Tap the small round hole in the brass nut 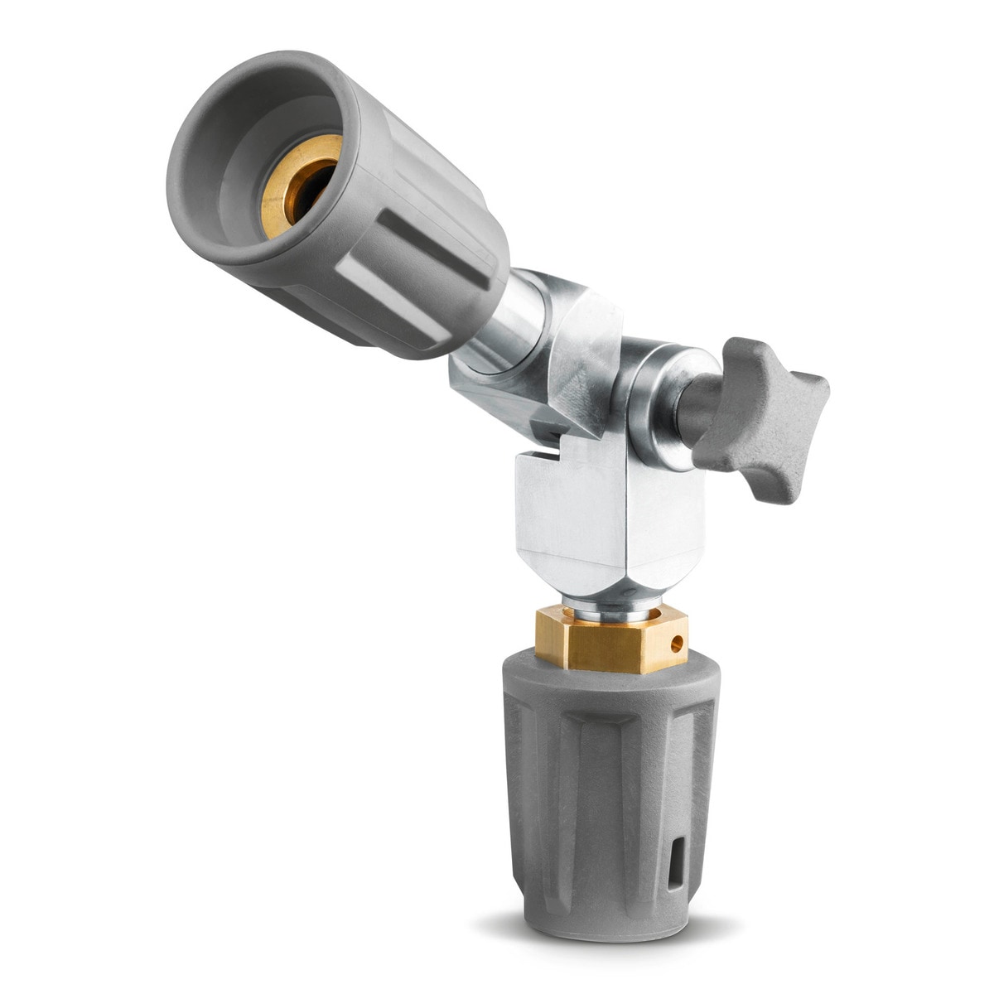(x=678, y=640)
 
